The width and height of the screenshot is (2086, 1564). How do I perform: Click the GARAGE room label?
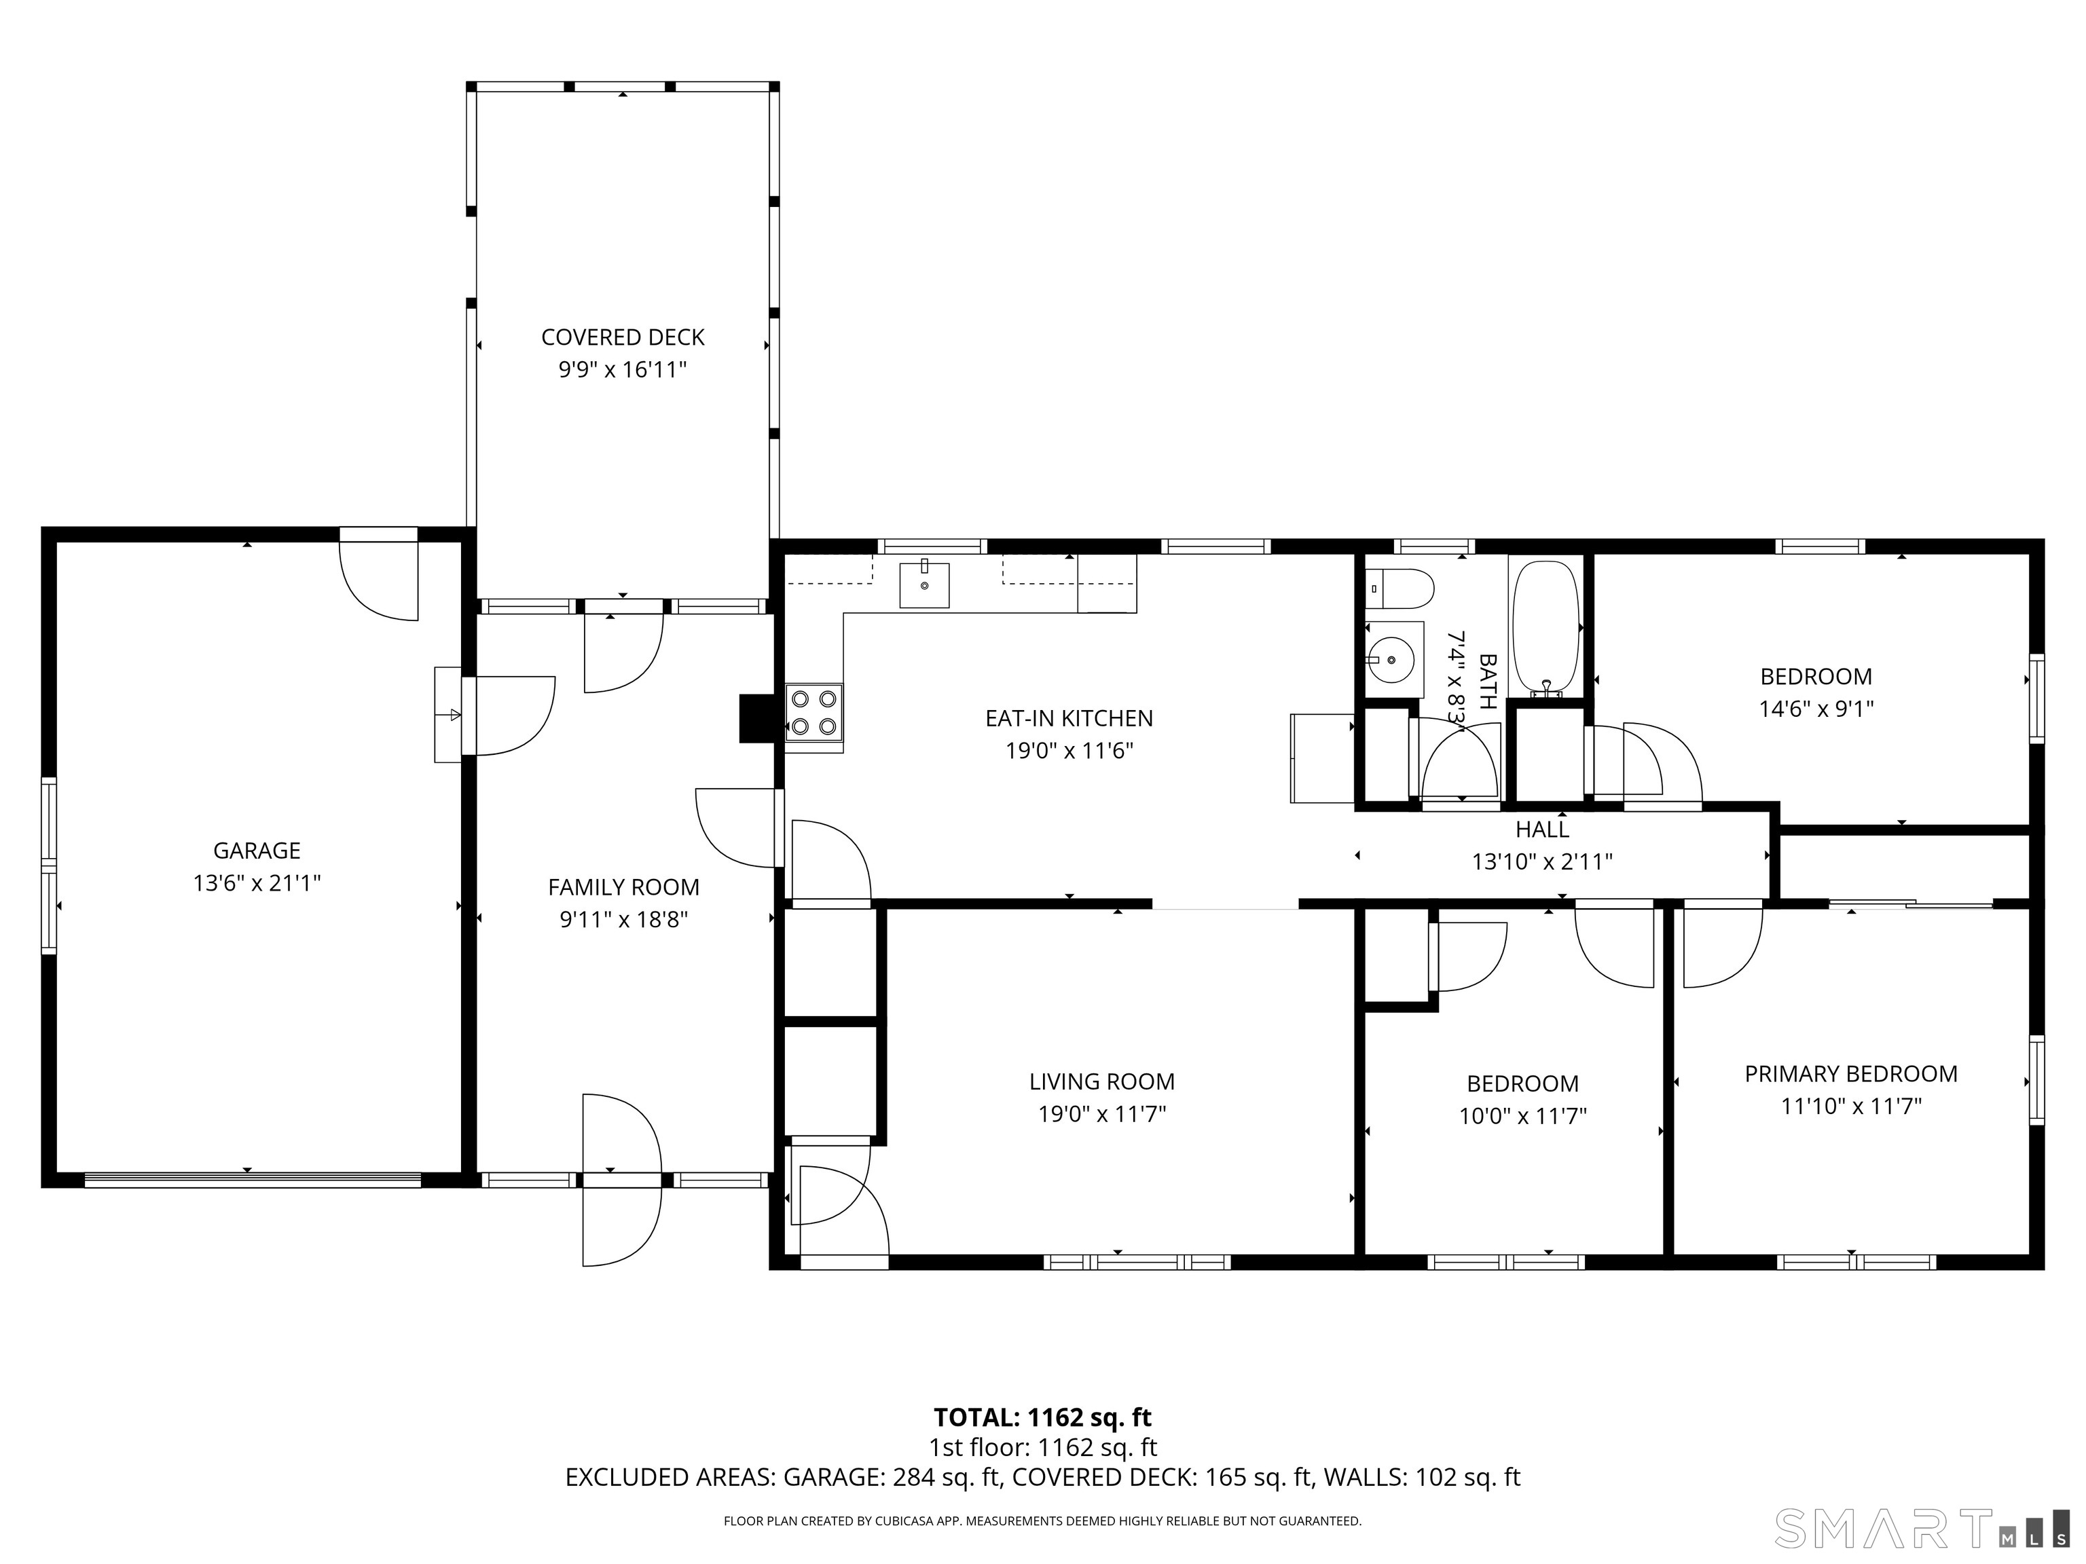pos(257,851)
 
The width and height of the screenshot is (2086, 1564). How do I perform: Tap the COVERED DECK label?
pos(623,337)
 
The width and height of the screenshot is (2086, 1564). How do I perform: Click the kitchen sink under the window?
pos(924,584)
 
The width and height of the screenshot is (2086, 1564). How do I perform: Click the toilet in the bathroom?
pos(1399,589)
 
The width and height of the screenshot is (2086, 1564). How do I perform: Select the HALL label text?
pos(1542,830)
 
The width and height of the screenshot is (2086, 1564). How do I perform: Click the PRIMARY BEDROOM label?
pos(1850,1074)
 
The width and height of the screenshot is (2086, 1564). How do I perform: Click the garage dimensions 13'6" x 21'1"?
pos(257,883)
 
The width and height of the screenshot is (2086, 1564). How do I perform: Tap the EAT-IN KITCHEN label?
pos(1068,718)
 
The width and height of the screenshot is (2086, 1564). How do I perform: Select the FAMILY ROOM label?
pos(623,887)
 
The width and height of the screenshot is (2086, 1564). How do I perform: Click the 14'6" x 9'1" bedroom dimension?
pos(1815,709)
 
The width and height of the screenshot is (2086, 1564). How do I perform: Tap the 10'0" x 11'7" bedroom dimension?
pos(1522,1116)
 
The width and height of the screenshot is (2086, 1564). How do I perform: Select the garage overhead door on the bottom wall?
pos(252,1179)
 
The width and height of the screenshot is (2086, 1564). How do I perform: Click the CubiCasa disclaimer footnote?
pos(1042,1521)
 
